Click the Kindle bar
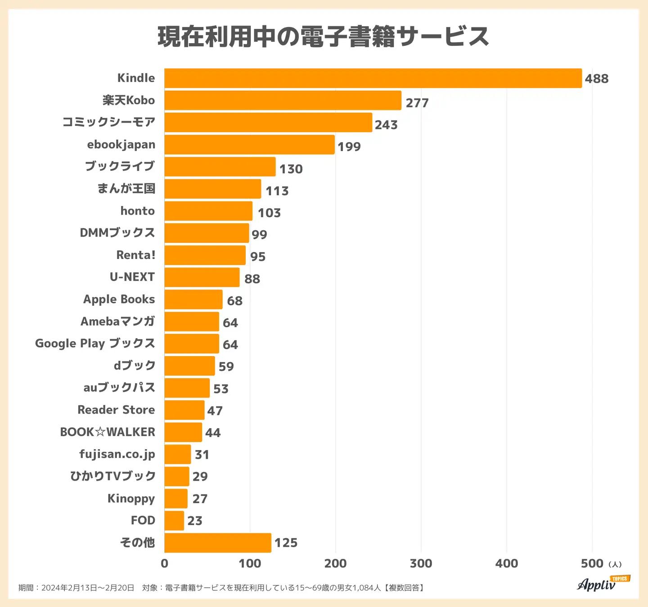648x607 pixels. (373, 78)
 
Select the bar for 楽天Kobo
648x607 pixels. (283, 100)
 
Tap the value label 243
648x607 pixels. (386, 125)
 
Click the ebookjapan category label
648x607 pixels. (121, 144)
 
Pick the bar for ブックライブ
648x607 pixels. (220, 166)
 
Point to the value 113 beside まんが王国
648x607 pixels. (277, 191)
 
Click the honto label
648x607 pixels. (137, 211)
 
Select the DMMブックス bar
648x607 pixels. (207, 233)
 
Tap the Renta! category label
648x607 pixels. (135, 255)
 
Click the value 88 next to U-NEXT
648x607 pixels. (252, 279)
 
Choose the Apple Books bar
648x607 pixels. (193, 299)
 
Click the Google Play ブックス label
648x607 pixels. (95, 344)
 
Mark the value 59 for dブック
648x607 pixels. (226, 366)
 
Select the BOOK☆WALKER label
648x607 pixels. (108, 432)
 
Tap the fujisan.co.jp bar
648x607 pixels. (177, 454)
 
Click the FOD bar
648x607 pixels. (174, 520)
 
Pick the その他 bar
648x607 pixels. (218, 543)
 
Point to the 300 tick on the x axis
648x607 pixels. (421, 563)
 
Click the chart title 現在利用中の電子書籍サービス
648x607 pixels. (323, 36)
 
